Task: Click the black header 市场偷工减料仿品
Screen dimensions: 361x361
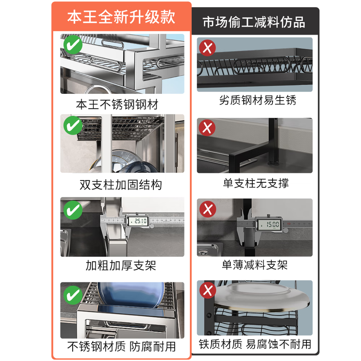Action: point(254,22)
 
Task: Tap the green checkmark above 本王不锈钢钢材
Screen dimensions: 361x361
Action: point(72,46)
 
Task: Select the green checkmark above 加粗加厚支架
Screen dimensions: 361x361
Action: point(72,209)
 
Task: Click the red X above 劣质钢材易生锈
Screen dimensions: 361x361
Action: point(208,47)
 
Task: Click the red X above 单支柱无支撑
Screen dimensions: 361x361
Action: point(208,128)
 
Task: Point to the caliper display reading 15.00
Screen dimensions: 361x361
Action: point(269,223)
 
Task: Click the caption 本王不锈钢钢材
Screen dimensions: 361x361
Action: point(117,105)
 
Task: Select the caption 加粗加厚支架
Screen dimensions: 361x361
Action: point(121,266)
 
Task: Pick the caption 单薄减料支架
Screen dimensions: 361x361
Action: point(255,265)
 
